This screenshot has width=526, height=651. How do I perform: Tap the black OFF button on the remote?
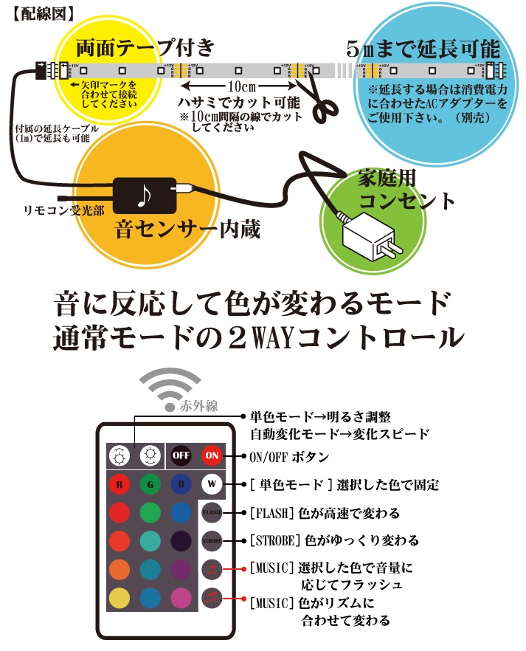click(181, 455)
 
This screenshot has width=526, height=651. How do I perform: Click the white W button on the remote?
click(212, 485)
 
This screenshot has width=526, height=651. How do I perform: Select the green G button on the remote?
click(150, 485)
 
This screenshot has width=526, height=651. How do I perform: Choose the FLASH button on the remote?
click(212, 512)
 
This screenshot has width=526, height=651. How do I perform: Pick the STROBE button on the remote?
click(212, 540)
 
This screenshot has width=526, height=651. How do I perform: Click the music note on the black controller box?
click(142, 194)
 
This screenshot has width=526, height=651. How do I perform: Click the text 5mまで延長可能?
click(423, 49)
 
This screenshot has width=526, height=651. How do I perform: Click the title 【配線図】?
click(44, 12)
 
